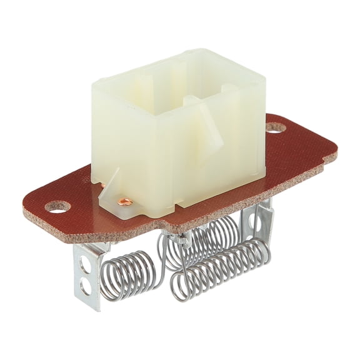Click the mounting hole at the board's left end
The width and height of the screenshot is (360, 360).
(58, 206)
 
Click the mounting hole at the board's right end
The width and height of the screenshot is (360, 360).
(276, 127)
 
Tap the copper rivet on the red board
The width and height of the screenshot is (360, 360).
(126, 201)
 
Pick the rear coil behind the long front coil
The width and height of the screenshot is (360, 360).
(206, 237)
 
